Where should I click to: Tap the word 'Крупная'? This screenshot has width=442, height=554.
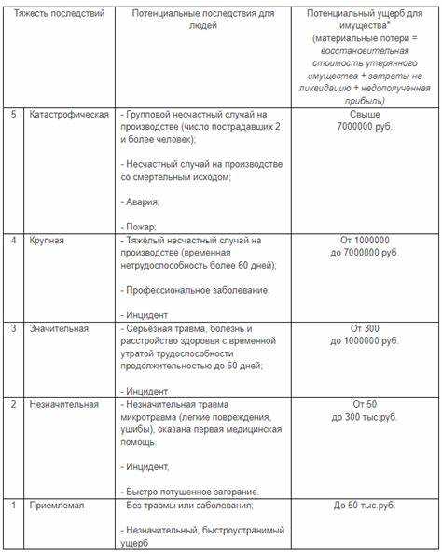tap(48, 242)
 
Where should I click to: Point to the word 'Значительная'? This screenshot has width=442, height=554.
tap(60, 328)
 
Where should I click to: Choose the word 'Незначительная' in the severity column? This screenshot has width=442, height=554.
tap(64, 405)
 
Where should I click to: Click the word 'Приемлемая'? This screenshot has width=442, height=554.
tap(57, 505)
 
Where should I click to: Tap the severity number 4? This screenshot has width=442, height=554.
tap(13, 242)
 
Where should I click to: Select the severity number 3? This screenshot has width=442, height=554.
tap(13, 328)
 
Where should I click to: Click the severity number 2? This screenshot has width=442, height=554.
tap(13, 405)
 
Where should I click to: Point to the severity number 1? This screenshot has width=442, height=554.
tap(13, 505)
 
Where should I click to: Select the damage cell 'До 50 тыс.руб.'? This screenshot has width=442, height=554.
tap(365, 505)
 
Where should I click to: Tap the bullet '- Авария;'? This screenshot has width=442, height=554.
tap(142, 201)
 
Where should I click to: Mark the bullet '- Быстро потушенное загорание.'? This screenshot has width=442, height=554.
tap(190, 492)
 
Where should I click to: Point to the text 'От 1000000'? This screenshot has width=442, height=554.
tap(365, 240)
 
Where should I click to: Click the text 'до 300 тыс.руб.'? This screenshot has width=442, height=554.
tap(365, 417)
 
